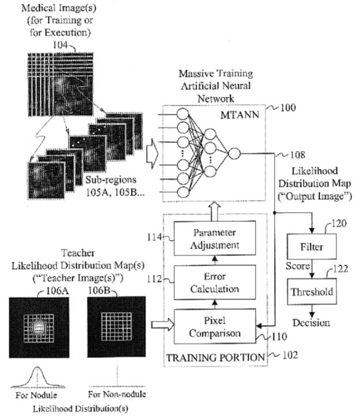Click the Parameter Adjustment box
click(x=215, y=238)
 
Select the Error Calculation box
click(x=215, y=282)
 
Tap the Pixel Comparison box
click(x=215, y=326)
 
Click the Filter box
click(x=312, y=246)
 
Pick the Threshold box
click(x=312, y=292)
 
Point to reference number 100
click(x=288, y=108)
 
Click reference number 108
click(x=298, y=154)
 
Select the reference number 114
click(x=155, y=237)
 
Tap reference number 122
click(x=340, y=269)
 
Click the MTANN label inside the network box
click(x=239, y=115)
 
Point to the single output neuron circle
click(x=234, y=153)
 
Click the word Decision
click(x=311, y=323)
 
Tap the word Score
click(x=298, y=266)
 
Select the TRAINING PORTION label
click(x=216, y=357)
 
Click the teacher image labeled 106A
click(x=39, y=327)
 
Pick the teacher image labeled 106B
click(x=117, y=327)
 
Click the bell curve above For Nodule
click(x=37, y=377)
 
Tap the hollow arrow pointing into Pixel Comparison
click(x=163, y=324)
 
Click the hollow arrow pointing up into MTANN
click(x=215, y=212)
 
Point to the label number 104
click(x=60, y=45)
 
